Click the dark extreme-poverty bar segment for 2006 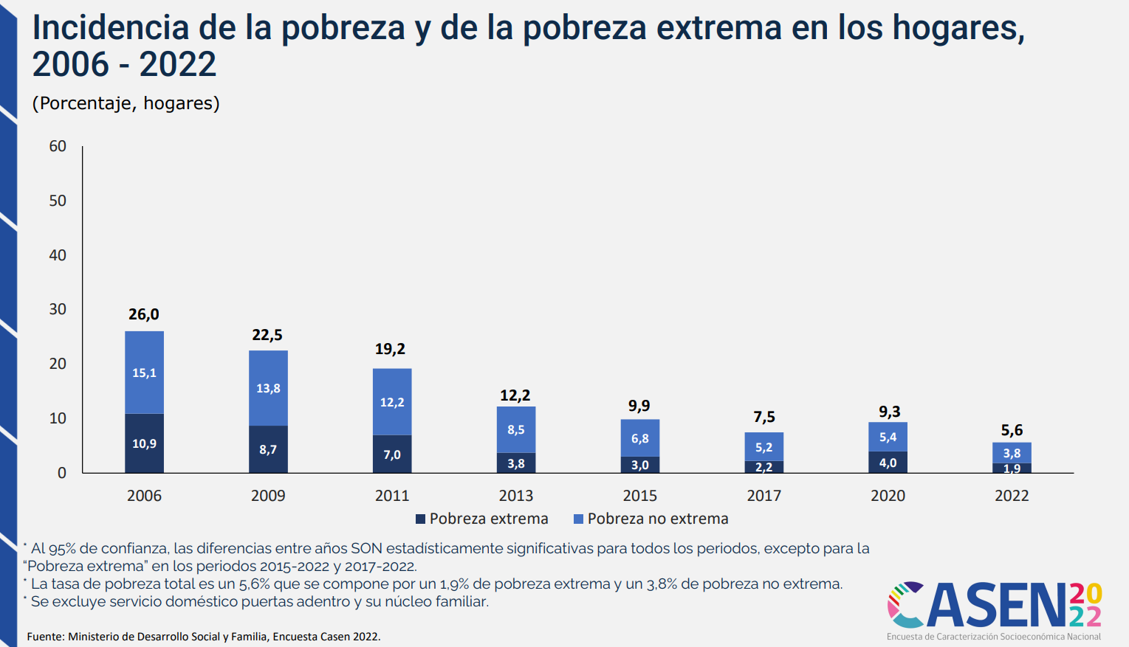[x=144, y=443]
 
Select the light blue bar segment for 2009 [x=268, y=388]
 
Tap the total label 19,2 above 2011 [x=390, y=349]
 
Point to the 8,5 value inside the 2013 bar [x=516, y=429]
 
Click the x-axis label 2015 [x=639, y=496]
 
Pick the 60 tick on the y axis [x=58, y=146]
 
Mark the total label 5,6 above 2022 [x=1012, y=430]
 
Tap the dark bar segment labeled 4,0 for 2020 [x=888, y=463]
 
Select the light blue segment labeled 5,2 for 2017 [x=763, y=447]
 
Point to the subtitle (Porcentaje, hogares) [x=126, y=103]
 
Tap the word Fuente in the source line [x=44, y=637]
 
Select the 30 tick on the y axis [x=58, y=309]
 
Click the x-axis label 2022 [x=1012, y=496]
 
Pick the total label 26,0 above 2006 [x=144, y=314]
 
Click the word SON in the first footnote [x=366, y=548]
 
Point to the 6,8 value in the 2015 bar [x=640, y=438]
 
